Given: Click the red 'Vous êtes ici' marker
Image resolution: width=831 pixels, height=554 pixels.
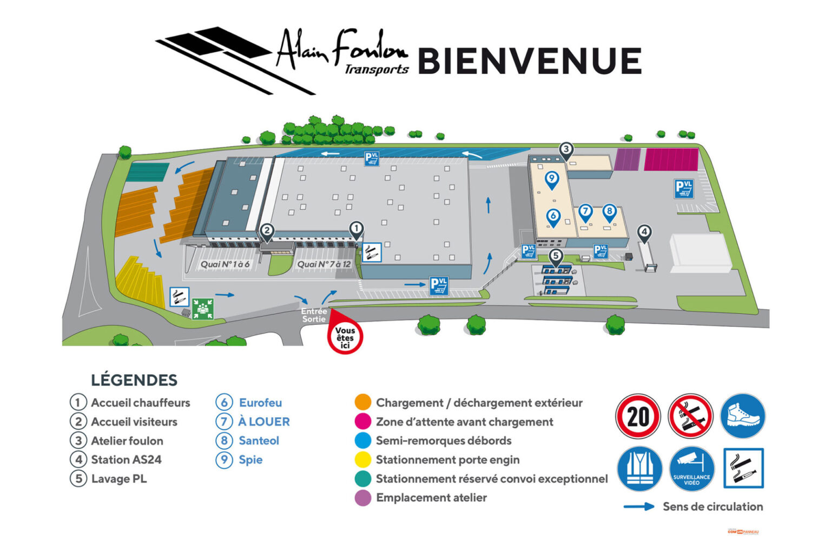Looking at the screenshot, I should tap(345, 337).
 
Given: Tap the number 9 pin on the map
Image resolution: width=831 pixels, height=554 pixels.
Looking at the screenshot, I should tap(551, 179).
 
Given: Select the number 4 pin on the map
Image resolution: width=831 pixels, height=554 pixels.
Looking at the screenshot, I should tap(644, 233).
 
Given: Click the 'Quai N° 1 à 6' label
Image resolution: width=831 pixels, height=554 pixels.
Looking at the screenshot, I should tap(225, 264).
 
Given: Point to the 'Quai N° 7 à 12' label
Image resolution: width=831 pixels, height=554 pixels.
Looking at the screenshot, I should tap(324, 264).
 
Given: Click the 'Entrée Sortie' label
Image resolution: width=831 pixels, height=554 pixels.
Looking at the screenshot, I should tap(314, 315).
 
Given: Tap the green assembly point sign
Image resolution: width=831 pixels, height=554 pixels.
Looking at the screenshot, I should tap(203, 309).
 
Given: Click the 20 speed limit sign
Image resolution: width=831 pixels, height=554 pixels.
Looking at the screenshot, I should tap(638, 416).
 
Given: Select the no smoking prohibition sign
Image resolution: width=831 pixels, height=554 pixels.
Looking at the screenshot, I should tap(690, 416).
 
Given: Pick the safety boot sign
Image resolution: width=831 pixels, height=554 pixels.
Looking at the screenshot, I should tap(743, 416).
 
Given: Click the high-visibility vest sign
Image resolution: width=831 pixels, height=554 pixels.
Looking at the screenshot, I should tap(639, 469).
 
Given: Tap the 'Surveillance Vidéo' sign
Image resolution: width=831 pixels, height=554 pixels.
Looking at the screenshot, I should tap(691, 469).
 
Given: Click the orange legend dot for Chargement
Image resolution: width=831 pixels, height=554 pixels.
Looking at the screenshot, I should tap(363, 403).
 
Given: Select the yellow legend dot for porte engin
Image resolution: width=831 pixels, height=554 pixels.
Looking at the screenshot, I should tap(363, 460).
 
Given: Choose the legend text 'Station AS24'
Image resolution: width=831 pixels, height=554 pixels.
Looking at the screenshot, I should tap(126, 460).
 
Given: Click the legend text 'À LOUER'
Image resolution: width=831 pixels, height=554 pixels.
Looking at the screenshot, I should tap(263, 422).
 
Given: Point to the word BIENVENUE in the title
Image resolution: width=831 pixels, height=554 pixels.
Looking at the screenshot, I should tap(530, 61).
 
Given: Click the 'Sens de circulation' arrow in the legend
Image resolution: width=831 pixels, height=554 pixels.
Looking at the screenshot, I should tap(639, 507).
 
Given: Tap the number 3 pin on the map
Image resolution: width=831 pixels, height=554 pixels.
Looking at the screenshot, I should tap(565, 150).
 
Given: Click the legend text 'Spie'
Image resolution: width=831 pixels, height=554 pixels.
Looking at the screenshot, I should tap(250, 460).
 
